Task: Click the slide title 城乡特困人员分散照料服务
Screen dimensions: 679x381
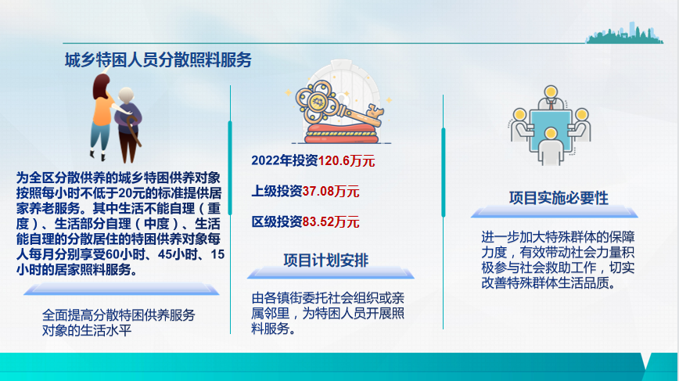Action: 158,59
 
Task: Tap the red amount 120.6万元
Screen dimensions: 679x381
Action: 347,161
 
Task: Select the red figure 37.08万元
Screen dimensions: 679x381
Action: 331,192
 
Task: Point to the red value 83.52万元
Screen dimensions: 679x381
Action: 331,222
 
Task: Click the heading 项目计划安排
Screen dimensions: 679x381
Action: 326,261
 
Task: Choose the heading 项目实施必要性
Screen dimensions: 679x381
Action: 559,198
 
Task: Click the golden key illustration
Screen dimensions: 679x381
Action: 338,105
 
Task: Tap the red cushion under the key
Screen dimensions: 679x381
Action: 342,133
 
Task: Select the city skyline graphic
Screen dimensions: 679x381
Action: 624,34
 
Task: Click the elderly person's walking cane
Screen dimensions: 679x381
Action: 133,131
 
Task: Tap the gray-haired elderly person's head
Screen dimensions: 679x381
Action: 127,96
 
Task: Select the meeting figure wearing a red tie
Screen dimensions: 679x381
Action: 551,99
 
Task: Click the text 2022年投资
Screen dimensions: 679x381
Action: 285,160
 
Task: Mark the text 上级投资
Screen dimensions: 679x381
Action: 277,192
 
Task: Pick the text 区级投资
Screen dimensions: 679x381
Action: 277,222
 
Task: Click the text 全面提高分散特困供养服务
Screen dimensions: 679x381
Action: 119,315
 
